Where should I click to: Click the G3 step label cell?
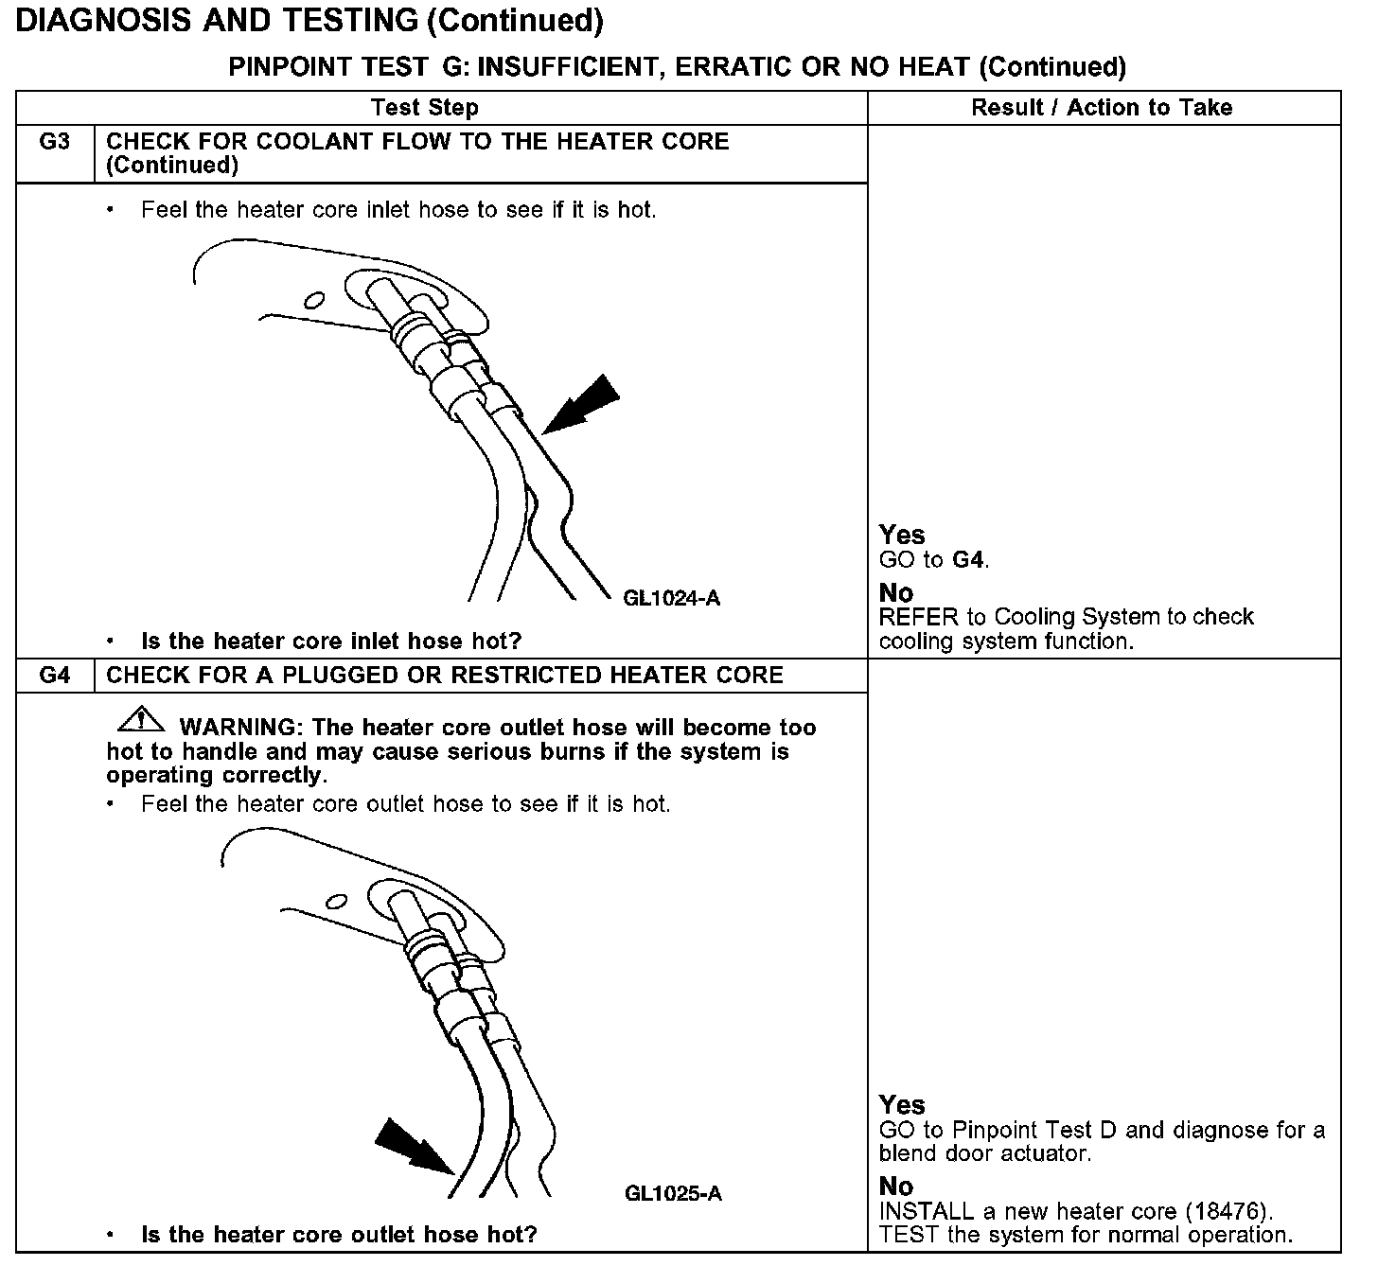pos(55,143)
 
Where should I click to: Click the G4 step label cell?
pos(55,676)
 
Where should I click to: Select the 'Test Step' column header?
pos(425,108)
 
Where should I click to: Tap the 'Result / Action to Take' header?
pos(1102,108)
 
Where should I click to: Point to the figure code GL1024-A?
pos(672,598)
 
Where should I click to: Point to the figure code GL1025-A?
pos(673,1193)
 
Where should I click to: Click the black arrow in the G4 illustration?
pos(414,1147)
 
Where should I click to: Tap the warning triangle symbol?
pos(140,720)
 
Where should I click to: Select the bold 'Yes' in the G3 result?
pos(902,535)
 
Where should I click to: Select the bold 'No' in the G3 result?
pos(895,593)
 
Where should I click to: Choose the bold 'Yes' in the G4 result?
pos(902,1104)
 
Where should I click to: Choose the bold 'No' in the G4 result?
pos(895,1187)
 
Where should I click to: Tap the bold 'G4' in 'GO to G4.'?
pos(968,560)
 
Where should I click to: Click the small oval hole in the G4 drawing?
pos(336,900)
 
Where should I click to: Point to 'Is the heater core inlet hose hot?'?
pos(331,642)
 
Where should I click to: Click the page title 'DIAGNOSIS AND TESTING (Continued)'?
pos(309,21)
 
